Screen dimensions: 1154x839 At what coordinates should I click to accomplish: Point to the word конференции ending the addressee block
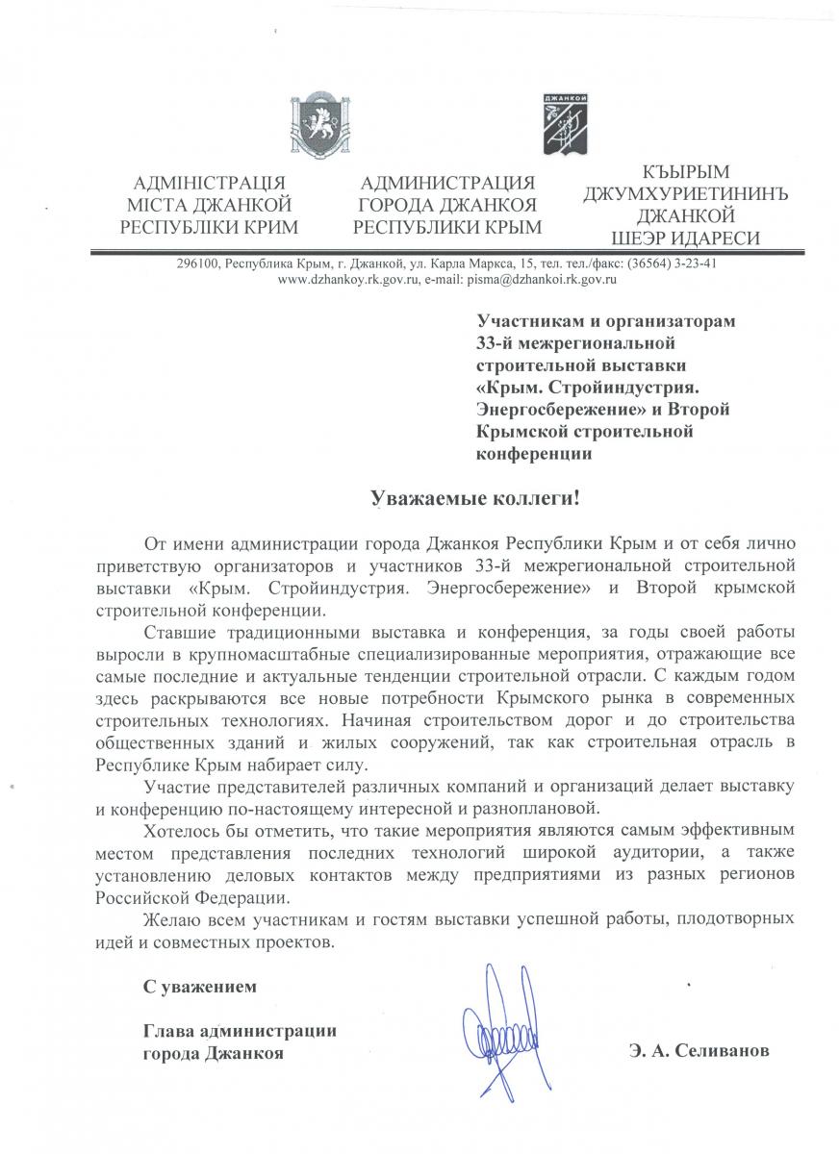point(535,454)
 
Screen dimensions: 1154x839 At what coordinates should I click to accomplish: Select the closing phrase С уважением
point(200,987)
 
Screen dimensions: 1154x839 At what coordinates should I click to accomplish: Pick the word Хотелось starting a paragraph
point(178,829)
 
